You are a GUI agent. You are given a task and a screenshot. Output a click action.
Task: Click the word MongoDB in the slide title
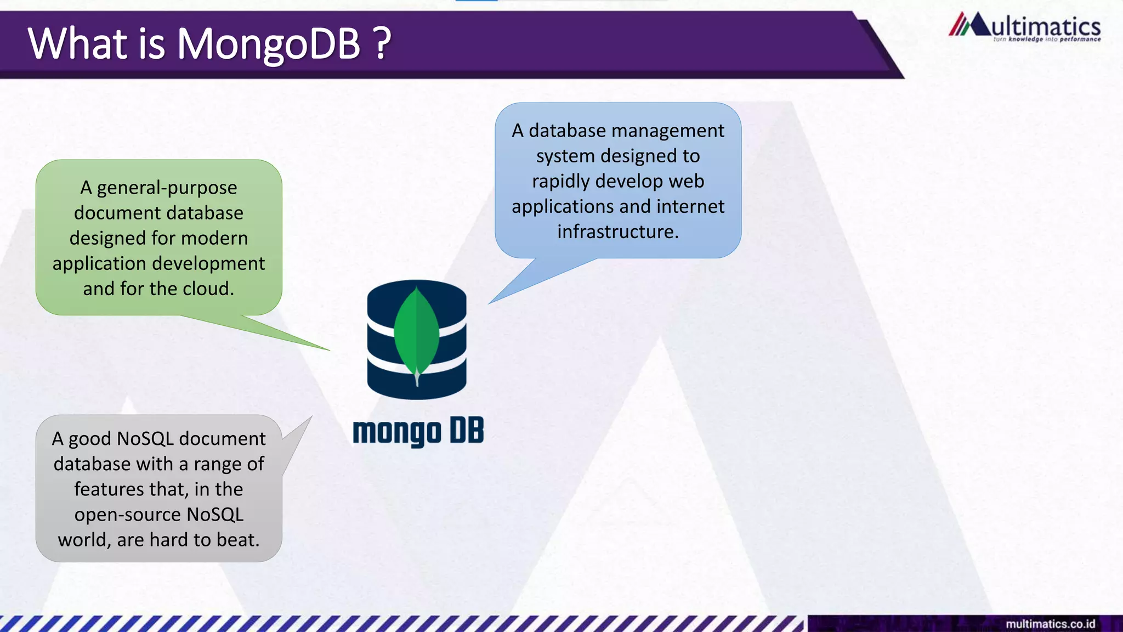pyautogui.click(x=269, y=44)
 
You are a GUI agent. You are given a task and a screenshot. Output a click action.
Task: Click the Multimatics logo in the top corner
pyautogui.click(x=1024, y=27)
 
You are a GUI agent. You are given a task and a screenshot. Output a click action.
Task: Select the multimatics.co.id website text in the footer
pyautogui.click(x=1050, y=624)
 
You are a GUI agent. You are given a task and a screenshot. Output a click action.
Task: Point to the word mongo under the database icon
pyautogui.click(x=396, y=432)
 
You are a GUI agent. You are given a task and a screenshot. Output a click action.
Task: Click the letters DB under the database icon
pyautogui.click(x=467, y=431)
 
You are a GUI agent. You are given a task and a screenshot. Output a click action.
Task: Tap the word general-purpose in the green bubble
pyautogui.click(x=167, y=188)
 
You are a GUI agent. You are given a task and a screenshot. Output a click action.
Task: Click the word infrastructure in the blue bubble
pyautogui.click(x=617, y=232)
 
